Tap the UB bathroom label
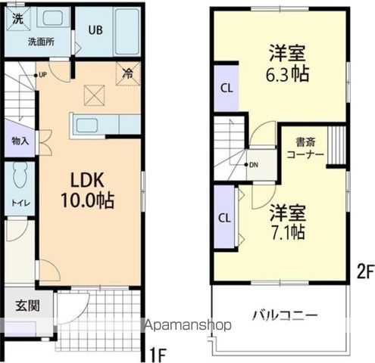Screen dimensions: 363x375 tap(95, 30)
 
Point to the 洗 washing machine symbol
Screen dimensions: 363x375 tap(17, 19)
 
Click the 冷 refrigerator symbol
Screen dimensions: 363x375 tap(129, 76)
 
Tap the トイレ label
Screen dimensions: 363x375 tap(18, 203)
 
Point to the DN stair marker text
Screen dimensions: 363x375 tap(254, 164)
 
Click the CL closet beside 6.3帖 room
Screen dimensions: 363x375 tap(226, 87)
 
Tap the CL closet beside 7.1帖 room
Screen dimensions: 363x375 tap(225, 218)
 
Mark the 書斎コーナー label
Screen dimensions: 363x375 tap(305, 147)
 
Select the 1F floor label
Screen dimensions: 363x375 tap(158, 352)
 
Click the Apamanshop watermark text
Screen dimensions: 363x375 tap(187, 326)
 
